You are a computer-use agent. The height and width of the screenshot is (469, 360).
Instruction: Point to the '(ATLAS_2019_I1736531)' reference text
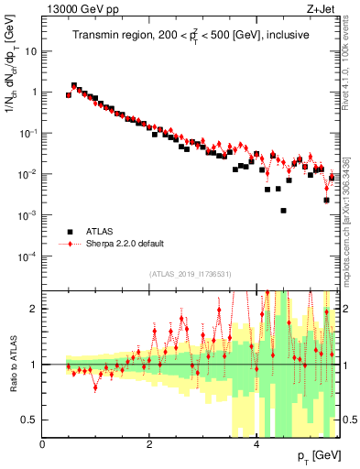[191, 274]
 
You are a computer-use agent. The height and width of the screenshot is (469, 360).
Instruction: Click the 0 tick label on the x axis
[42, 444]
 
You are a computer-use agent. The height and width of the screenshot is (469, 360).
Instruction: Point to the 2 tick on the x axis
[149, 444]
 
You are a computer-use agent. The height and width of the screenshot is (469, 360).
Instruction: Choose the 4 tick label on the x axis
[256, 444]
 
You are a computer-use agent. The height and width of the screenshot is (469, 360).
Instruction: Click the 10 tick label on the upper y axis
[29, 51]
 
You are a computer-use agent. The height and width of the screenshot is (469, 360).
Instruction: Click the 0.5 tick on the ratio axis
[29, 420]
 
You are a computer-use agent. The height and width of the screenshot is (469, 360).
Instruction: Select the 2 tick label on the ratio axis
[34, 309]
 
